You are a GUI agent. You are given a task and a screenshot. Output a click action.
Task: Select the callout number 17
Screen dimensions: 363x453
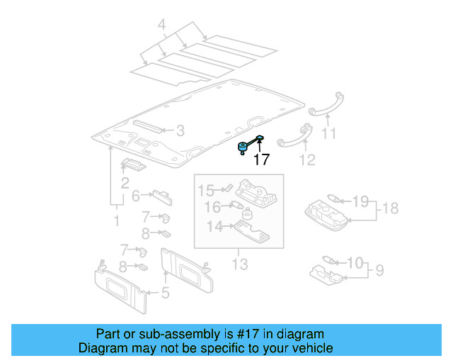pos(261,160)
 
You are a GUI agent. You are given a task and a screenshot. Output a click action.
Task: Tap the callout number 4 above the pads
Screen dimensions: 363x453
pos(161,27)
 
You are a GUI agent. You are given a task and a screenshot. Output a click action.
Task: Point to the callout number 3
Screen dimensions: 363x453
pos(180,130)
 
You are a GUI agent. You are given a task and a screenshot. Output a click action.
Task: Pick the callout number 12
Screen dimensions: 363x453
pos(306,160)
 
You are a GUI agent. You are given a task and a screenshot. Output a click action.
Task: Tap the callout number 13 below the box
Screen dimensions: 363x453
pos(240,264)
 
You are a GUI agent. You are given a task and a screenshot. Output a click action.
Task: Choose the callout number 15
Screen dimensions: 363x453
pos(205,190)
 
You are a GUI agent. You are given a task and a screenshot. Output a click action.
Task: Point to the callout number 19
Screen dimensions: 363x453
pos(360,202)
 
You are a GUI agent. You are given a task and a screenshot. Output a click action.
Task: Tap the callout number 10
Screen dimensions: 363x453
pos(355,263)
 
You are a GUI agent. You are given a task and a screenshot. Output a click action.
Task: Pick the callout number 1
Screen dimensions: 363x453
pos(117,221)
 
